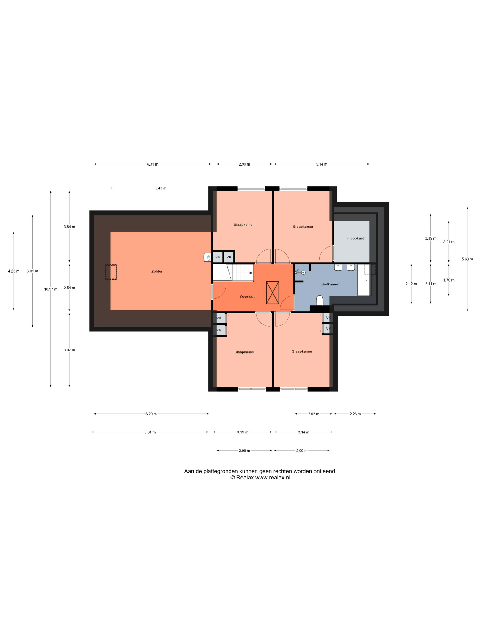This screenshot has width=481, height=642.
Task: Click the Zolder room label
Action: (157, 271)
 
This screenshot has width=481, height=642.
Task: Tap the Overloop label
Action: (248, 297)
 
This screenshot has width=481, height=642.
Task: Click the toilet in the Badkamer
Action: (320, 300)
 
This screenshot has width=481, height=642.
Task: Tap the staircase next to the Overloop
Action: (233, 273)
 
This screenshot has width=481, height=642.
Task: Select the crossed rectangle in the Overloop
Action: (273, 293)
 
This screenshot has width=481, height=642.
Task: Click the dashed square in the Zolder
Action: (111, 272)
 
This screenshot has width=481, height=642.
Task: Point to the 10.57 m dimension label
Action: (51, 289)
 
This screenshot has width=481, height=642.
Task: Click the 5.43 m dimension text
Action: (161, 188)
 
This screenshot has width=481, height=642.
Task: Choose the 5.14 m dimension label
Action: (322, 164)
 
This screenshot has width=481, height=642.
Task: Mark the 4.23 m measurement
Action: (14, 271)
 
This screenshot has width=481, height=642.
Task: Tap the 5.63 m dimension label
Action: (467, 259)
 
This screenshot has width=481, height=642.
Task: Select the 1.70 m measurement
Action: (449, 280)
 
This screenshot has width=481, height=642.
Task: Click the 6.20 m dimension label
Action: (151, 414)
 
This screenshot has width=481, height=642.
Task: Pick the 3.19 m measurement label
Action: (243, 432)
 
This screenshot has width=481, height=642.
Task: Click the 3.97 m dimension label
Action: (69, 350)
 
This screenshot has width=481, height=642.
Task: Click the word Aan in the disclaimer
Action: (189, 471)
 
